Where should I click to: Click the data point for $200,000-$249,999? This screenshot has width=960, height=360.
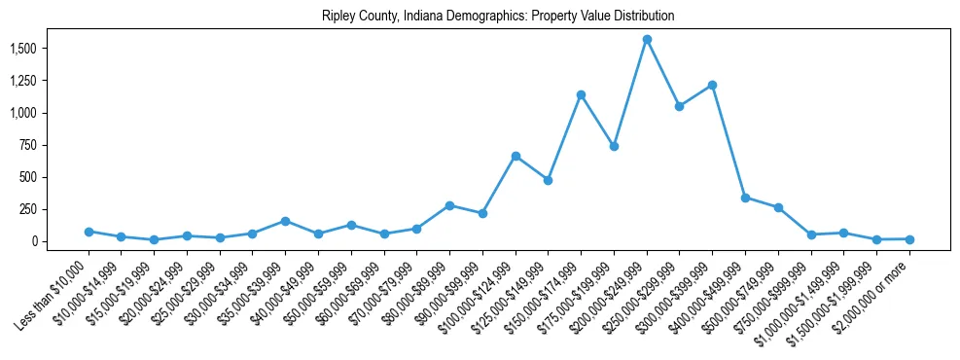pyautogui.click(x=647, y=40)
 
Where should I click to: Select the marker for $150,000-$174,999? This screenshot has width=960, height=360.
pyautogui.click(x=581, y=95)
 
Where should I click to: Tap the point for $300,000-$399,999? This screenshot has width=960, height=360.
pyautogui.click(x=712, y=86)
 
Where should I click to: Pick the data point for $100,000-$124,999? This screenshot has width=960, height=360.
pyautogui.click(x=516, y=156)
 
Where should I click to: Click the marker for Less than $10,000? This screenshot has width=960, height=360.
pyautogui.click(x=89, y=232)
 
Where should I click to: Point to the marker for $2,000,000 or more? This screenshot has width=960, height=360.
pyautogui.click(x=909, y=239)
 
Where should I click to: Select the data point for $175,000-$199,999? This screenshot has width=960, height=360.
pyautogui.click(x=614, y=146)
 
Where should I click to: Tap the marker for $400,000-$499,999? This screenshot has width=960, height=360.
pyautogui.click(x=745, y=198)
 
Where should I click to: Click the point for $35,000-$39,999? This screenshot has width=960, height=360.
pyautogui.click(x=285, y=221)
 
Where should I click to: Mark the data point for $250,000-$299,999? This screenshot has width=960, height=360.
pyautogui.click(x=679, y=106)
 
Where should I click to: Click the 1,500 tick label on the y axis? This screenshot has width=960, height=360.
pyautogui.click(x=22, y=49)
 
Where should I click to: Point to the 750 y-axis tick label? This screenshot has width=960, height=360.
pyautogui.click(x=27, y=145)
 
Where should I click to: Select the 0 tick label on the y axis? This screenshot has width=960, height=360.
pyautogui.click(x=32, y=241)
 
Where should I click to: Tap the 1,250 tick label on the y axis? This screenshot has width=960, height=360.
pyautogui.click(x=22, y=81)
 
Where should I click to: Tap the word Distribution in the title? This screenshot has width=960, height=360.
pyautogui.click(x=644, y=17)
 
